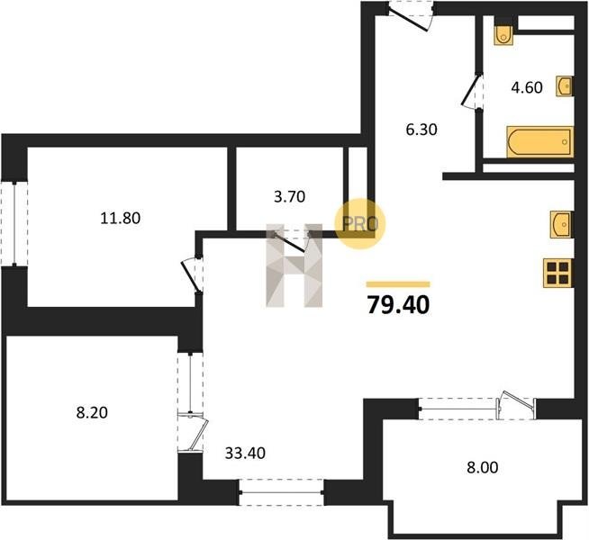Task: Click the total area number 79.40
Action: (x=398, y=305)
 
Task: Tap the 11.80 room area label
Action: (x=120, y=218)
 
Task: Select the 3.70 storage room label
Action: (x=289, y=196)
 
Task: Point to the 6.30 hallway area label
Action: (x=421, y=130)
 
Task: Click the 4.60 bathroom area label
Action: (x=527, y=87)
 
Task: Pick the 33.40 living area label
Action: (x=245, y=454)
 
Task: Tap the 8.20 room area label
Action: (x=92, y=413)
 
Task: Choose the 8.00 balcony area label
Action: (x=483, y=468)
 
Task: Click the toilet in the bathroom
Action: (x=503, y=35)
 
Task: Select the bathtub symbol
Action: (x=539, y=141)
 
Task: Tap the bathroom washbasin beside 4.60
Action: (x=565, y=86)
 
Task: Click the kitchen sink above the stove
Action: (x=561, y=224)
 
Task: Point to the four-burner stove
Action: (x=557, y=274)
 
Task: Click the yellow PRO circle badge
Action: (x=360, y=224)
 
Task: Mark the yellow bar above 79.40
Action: (x=398, y=284)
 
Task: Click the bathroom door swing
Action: (x=472, y=91)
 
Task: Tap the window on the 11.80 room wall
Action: (x=14, y=224)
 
